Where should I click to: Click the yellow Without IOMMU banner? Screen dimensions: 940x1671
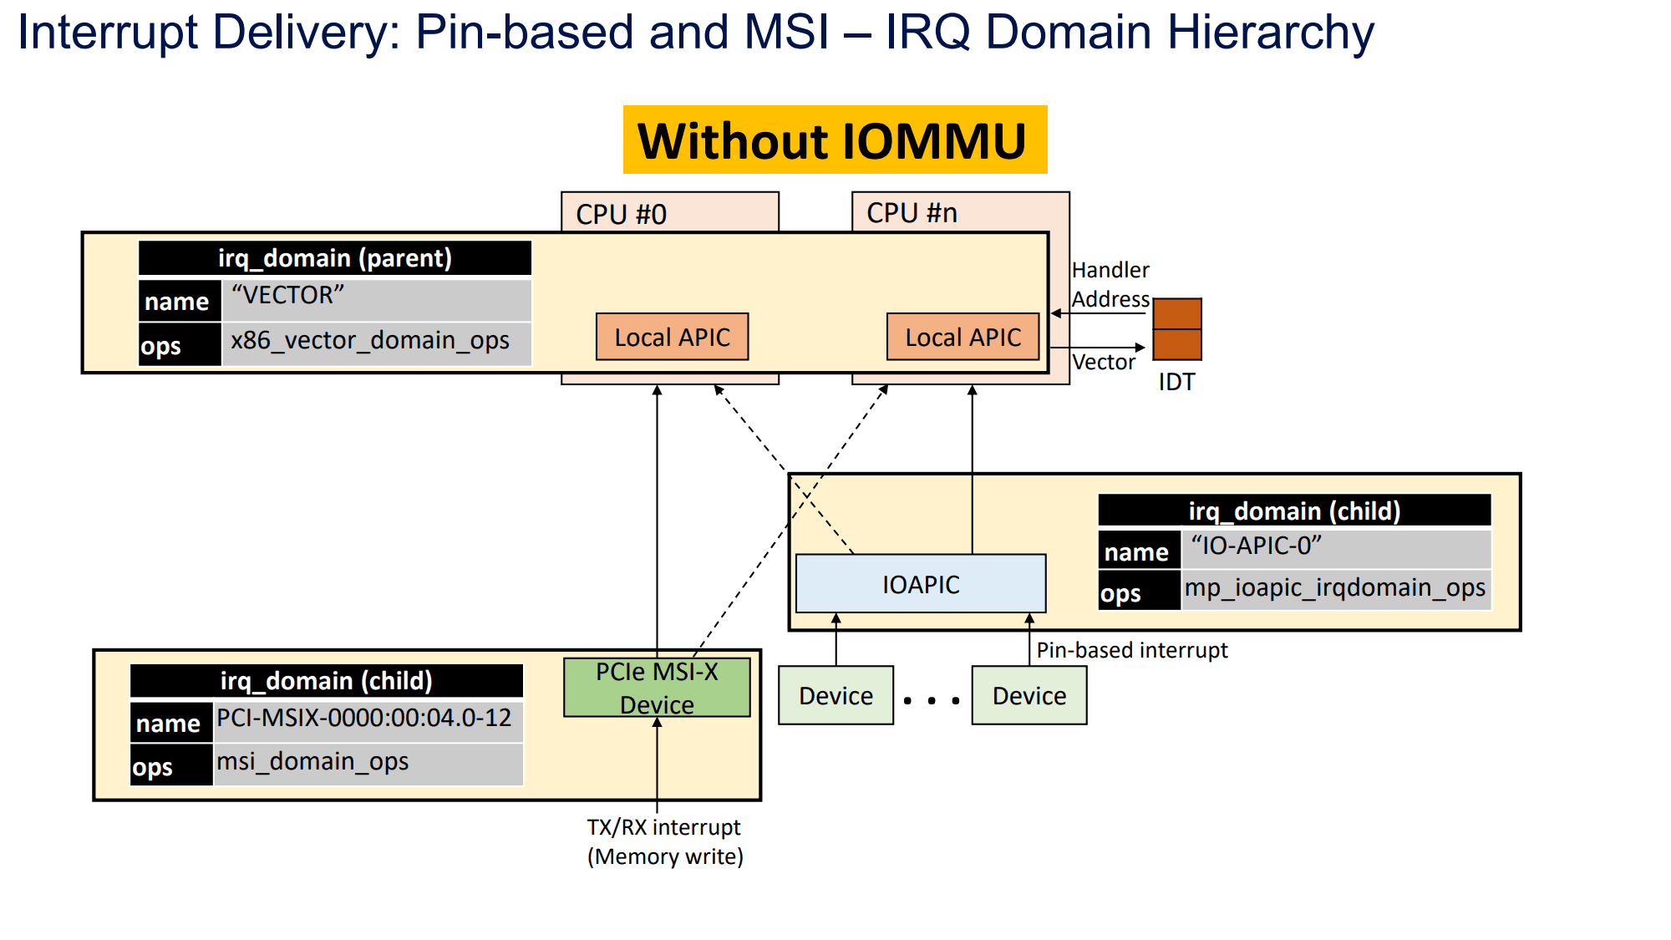pyautogui.click(x=835, y=140)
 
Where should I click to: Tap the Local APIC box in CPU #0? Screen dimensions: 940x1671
pyautogui.click(x=672, y=337)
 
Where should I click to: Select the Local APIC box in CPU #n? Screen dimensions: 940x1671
pyautogui.click(x=962, y=337)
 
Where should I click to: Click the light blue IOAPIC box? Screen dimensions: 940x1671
pyautogui.click(x=921, y=584)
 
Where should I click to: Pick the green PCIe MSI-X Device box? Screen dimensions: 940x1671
pyautogui.click(x=657, y=688)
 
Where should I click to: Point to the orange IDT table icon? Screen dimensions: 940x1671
pyautogui.click(x=1176, y=329)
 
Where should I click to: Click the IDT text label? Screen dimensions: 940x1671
pyautogui.click(x=1176, y=382)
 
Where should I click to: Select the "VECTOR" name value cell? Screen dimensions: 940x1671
pyautogui.click(x=376, y=298)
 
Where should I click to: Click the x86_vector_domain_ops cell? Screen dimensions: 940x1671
pyautogui.click(x=376, y=342)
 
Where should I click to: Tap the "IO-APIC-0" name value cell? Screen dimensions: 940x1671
pyautogui.click(x=1335, y=547)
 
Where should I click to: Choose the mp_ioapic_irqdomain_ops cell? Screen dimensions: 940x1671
pyautogui.click(x=1335, y=588)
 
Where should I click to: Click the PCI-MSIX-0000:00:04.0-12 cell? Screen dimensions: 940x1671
pyautogui.click(x=368, y=719)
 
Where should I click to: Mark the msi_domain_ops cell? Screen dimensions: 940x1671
pyautogui.click(x=368, y=763)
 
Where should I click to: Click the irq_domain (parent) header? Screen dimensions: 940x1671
pyautogui.click(x=334, y=258)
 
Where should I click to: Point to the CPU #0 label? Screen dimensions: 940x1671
pyautogui.click(x=621, y=214)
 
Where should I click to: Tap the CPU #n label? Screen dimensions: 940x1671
pyautogui.click(x=912, y=213)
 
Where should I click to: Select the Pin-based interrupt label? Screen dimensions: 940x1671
pyautogui.click(x=1132, y=650)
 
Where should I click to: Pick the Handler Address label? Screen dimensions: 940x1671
pyautogui.click(x=1110, y=284)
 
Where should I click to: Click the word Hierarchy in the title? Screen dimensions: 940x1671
pyautogui.click(x=1270, y=33)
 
